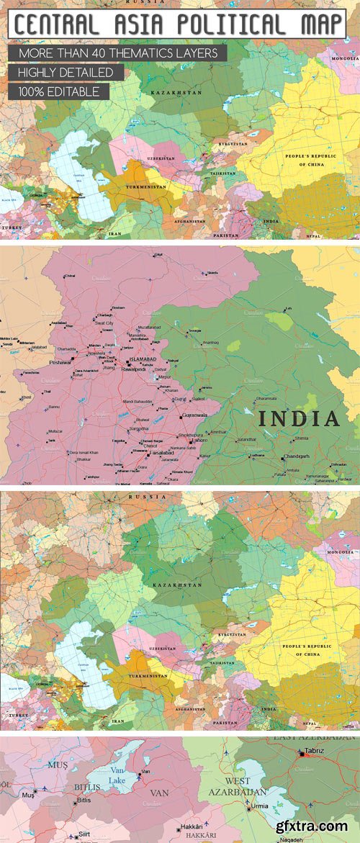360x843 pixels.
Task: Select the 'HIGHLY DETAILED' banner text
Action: point(66,73)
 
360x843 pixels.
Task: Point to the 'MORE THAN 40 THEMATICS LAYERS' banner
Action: point(118,53)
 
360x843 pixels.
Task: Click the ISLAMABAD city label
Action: point(142,359)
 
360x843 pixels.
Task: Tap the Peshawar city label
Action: point(61,364)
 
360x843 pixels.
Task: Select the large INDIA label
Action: point(298,419)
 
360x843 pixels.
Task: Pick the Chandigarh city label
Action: point(296,456)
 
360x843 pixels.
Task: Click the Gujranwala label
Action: point(196,416)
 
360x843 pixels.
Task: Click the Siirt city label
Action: point(85,835)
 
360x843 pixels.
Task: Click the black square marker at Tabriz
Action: point(302,754)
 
